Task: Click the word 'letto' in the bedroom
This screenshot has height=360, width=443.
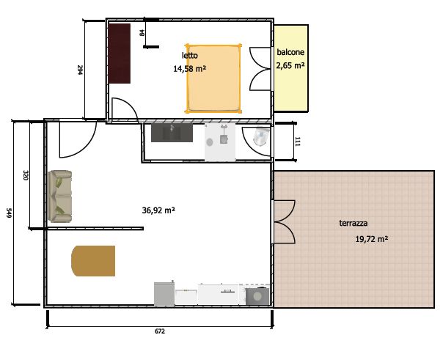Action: click(189, 55)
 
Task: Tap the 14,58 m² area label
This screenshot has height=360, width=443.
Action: click(189, 69)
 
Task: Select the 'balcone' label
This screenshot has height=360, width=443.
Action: click(290, 52)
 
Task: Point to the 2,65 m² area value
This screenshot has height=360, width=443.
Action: click(290, 65)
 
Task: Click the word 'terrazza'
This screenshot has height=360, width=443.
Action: click(354, 224)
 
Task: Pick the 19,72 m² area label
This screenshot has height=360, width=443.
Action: click(372, 239)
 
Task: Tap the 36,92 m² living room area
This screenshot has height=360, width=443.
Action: click(158, 210)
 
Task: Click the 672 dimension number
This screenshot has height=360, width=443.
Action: click(160, 331)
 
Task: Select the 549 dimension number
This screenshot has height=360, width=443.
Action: click(9, 213)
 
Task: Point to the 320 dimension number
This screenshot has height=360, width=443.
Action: click(26, 175)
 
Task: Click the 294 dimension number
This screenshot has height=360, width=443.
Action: click(80, 70)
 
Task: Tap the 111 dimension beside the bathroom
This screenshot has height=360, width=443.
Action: click(298, 142)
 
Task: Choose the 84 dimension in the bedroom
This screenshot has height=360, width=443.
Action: click(142, 33)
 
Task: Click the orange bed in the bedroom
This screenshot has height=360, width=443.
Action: click(213, 78)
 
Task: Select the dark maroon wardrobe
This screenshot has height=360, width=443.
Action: click(120, 54)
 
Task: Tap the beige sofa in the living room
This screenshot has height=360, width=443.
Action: click(59, 196)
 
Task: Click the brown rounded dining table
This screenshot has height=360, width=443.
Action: click(93, 261)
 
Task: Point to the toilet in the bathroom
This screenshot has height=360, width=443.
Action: click(261, 136)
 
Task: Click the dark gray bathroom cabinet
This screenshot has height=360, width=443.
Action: click(172, 133)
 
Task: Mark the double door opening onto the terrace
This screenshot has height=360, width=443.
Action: click(284, 222)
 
